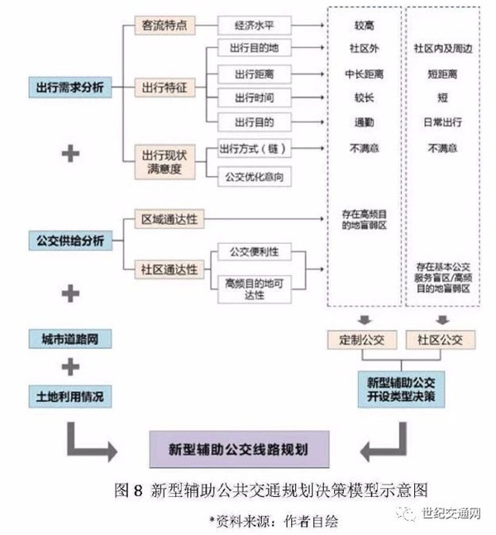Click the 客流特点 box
pos(165,25)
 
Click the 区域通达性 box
pos(169,219)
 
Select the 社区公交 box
pos(439,339)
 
